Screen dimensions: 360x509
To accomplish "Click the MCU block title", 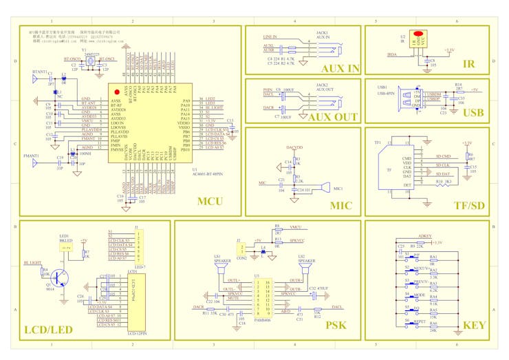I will [209, 202].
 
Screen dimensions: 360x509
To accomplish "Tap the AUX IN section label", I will [340, 68].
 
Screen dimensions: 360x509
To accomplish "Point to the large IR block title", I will [468, 64].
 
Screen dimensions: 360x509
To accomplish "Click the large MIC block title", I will [340, 205].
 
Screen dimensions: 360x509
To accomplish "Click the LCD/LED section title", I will [48, 330].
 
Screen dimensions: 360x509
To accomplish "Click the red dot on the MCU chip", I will [117, 92].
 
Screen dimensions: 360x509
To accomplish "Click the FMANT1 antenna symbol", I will [33, 163].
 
